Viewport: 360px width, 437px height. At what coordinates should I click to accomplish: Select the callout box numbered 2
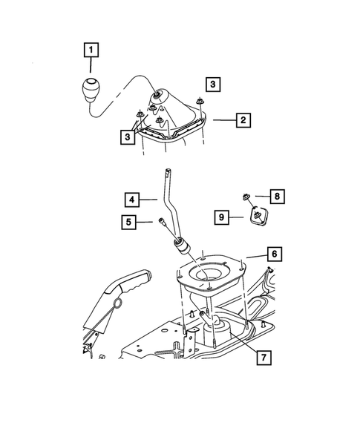pos(241,119)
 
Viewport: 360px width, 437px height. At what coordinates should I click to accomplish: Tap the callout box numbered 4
pos(131,199)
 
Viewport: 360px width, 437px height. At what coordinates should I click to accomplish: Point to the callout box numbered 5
pos(131,221)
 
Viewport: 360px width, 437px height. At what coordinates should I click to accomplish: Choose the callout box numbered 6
pos(274,254)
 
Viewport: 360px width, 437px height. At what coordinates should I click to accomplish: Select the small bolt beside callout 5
pos(161,220)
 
